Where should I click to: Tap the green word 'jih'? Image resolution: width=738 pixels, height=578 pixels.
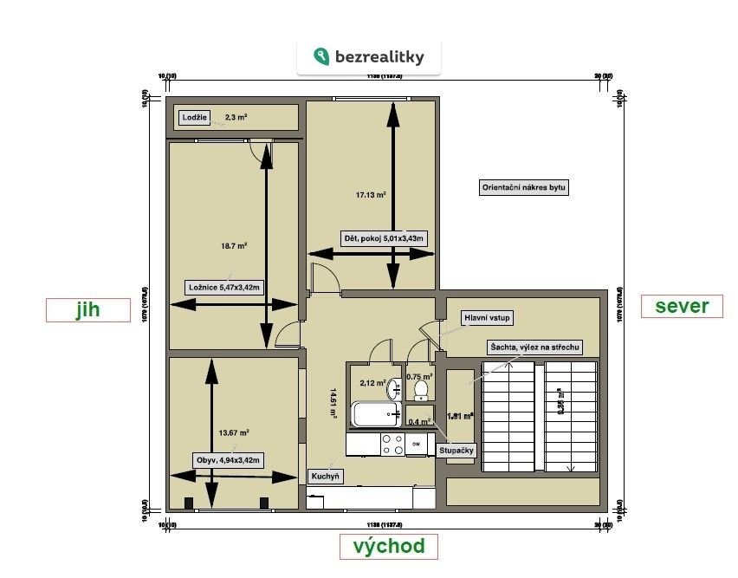tap(87, 310)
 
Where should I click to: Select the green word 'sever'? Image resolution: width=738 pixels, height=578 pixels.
tap(682, 306)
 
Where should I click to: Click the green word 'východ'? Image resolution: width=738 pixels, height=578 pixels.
tap(388, 546)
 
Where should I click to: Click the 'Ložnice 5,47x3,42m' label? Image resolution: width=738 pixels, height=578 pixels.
tap(224, 288)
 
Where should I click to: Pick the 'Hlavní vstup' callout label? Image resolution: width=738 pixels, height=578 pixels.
tap(488, 318)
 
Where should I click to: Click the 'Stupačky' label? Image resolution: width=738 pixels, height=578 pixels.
tap(456, 450)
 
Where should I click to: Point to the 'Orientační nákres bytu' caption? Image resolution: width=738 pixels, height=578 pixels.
tap(524, 187)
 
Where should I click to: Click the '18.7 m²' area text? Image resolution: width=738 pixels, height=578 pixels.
tap(234, 246)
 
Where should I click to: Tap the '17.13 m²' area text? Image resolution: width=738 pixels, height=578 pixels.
tap(372, 195)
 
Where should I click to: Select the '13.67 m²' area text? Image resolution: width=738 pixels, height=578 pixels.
tap(234, 432)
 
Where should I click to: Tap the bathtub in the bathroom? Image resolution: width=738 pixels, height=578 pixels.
tap(375, 414)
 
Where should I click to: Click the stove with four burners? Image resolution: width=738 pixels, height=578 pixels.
tap(392, 445)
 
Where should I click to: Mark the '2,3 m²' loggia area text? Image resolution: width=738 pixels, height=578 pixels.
tap(236, 117)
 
